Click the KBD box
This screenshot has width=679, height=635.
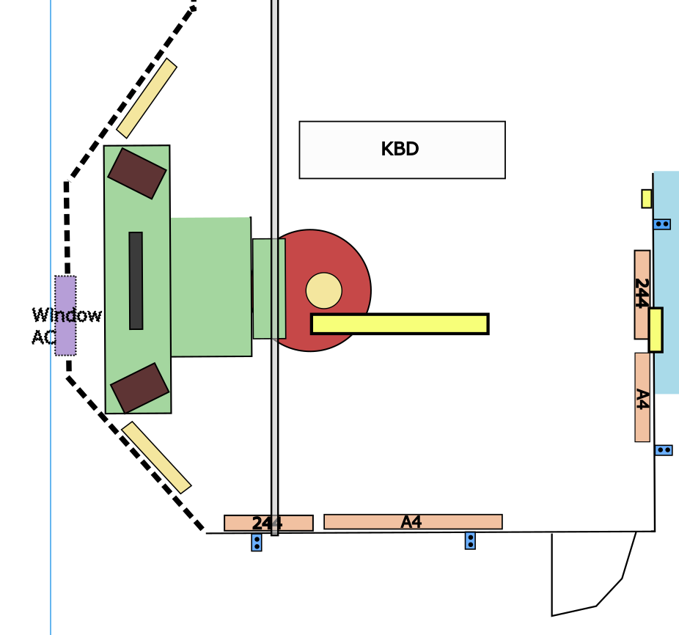click(x=402, y=150)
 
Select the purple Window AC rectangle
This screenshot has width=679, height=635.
click(x=65, y=315)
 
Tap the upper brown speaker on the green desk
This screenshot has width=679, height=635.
click(x=137, y=174)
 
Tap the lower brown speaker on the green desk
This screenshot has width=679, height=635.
click(x=139, y=388)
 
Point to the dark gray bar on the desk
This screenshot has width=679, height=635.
click(x=136, y=281)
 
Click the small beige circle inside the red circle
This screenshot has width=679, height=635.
click(x=323, y=290)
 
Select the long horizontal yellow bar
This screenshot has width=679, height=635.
click(x=400, y=324)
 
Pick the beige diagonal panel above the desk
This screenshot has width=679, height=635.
click(x=147, y=98)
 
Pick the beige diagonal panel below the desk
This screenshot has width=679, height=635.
click(x=156, y=458)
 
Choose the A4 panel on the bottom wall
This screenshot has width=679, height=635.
click(x=413, y=521)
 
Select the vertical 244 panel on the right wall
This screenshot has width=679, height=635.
click(x=642, y=295)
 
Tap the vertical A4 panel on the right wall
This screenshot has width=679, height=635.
click(x=642, y=397)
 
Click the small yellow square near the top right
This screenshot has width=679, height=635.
click(x=647, y=199)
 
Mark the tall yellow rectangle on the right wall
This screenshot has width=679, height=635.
click(x=656, y=330)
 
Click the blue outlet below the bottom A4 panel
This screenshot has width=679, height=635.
click(x=470, y=540)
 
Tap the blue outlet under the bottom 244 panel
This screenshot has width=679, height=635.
click(x=257, y=543)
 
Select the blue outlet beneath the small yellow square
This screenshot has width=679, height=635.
click(x=662, y=224)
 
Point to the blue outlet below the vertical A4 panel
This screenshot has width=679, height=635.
click(x=664, y=450)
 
